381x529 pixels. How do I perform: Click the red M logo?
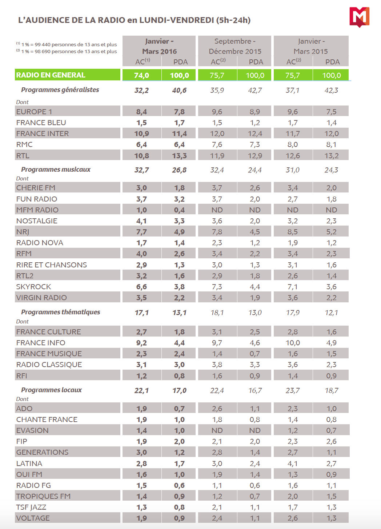point(359,17)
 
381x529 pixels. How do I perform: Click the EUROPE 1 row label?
point(34,112)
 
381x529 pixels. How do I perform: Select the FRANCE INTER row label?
point(43,134)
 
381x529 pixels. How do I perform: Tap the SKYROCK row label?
point(33,287)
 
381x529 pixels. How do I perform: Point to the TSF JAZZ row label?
point(31,507)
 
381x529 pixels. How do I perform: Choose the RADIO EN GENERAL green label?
point(51,75)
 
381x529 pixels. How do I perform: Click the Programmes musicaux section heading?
point(56,170)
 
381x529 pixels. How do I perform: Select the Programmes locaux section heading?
point(51,390)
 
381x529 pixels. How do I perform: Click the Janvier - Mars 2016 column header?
point(159,46)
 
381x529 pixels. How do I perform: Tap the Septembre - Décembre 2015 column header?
point(235,46)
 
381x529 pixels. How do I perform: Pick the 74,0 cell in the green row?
point(141,75)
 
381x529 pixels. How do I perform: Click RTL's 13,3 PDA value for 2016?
point(179,156)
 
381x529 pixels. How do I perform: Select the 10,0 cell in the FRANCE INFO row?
point(293,343)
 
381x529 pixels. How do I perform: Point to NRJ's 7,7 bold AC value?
point(141,232)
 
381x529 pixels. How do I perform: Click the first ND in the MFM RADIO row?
point(217,210)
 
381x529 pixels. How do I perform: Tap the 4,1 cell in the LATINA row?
point(293,464)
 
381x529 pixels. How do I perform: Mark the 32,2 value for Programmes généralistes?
point(141,90)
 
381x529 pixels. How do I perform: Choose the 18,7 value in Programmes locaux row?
point(331,390)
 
